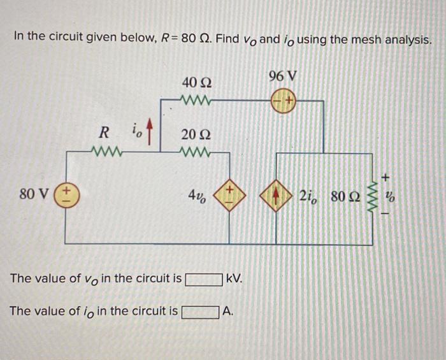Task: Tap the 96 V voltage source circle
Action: pyautogui.click(x=284, y=101)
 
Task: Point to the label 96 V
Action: pyautogui.click(x=283, y=76)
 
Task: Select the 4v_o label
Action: pyautogui.click(x=197, y=194)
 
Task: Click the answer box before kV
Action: pyautogui.click(x=203, y=279)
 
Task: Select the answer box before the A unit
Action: pyautogui.click(x=199, y=312)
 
